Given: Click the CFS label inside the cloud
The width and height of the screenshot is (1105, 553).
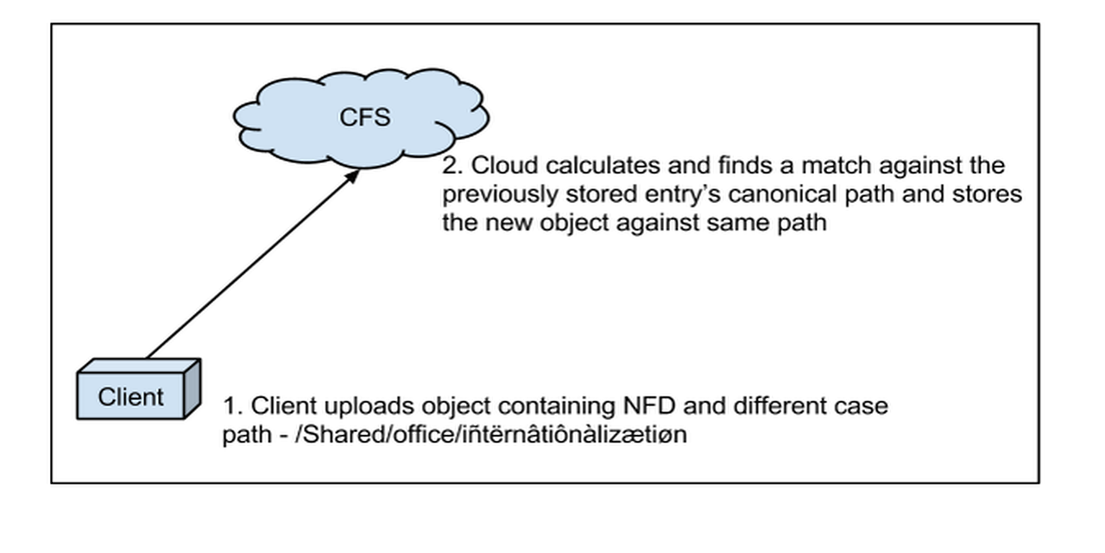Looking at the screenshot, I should [x=364, y=118].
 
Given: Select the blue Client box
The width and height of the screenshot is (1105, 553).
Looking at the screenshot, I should [x=132, y=397].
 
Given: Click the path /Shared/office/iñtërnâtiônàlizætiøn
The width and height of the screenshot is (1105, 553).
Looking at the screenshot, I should [x=490, y=435].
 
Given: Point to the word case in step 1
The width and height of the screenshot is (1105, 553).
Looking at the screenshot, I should [x=865, y=406].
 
